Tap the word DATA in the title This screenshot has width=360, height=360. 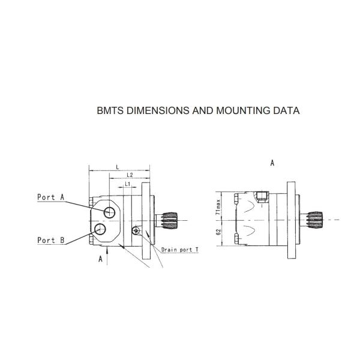point(286,111)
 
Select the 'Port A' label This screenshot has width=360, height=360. point(50,197)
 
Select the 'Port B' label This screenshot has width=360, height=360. point(50,240)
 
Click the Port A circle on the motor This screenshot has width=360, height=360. point(110,212)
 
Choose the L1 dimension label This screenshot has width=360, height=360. point(128,184)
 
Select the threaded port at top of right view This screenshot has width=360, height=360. point(260,196)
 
